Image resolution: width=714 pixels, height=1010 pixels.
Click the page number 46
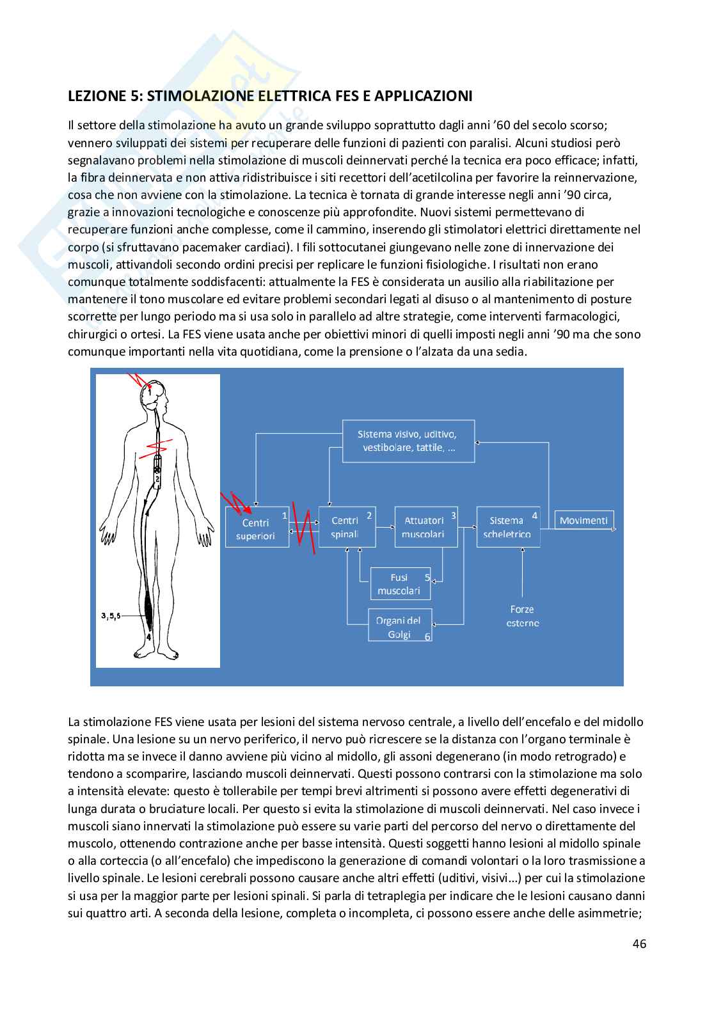639,943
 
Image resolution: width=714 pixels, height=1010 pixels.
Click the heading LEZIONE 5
269,96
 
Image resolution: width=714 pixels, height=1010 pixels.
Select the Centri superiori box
257,528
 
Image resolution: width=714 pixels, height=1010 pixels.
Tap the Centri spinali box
346,527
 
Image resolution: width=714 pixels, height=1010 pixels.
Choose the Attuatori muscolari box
425,527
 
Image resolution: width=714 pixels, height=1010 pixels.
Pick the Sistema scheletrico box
508,527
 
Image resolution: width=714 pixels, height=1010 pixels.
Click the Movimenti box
583,520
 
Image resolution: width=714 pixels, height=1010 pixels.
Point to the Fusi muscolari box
400,583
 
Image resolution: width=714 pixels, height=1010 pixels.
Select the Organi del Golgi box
399,626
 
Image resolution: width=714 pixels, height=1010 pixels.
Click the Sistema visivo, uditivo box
408,441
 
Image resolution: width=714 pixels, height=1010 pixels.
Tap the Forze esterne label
522,616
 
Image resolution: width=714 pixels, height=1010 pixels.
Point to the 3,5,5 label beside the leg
110,615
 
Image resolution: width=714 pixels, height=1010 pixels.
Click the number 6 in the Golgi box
427,636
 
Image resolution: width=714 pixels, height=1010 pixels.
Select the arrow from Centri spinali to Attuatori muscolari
385,528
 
